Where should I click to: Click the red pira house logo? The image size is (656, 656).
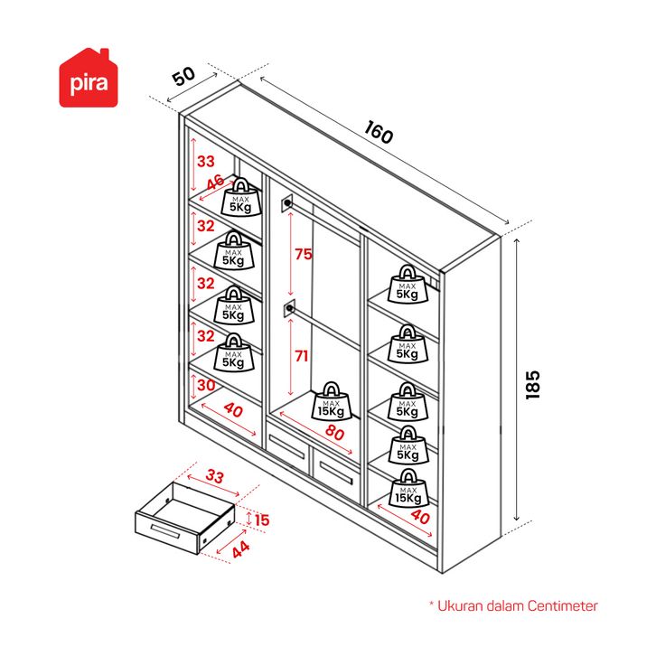coord(89,79)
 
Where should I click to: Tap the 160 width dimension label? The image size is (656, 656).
coord(379,132)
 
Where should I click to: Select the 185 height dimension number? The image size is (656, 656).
coord(532,385)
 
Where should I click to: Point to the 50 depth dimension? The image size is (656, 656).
coord(183,76)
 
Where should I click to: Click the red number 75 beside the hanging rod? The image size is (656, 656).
coord(304,254)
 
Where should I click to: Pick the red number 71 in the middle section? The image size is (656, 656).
coord(302,356)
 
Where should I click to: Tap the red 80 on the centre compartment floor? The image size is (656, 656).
coord(334,432)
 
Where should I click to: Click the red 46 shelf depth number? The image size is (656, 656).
coord(216,183)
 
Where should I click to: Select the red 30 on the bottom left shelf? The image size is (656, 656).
coord(206,385)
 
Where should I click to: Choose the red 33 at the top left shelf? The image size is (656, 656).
coord(206,161)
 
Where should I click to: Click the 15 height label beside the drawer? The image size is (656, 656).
coord(262,520)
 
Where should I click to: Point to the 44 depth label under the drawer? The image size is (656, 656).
coord(241,549)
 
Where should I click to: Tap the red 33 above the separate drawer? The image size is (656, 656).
coord(215,476)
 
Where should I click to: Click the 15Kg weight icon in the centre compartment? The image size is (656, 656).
coord(332,401)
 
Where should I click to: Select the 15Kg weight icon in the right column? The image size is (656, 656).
coord(408,488)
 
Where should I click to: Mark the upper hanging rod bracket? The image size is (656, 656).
coord(287,203)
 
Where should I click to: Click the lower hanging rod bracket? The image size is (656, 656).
coord(289,309)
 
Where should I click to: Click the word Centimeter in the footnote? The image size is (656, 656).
coord(563,605)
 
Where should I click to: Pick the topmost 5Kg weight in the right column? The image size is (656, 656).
coord(408,284)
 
